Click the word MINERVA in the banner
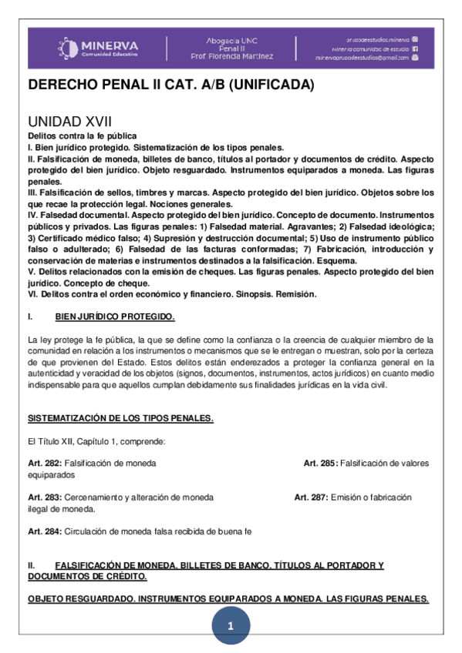coord(109,44)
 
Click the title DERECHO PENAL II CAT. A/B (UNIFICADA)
coord(171,85)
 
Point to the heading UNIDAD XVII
coord(69,122)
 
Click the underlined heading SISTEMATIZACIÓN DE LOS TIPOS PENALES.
coord(120,418)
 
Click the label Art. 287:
coord(311,497)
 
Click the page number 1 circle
coord(230,628)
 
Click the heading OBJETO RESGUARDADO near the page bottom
coord(86,598)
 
